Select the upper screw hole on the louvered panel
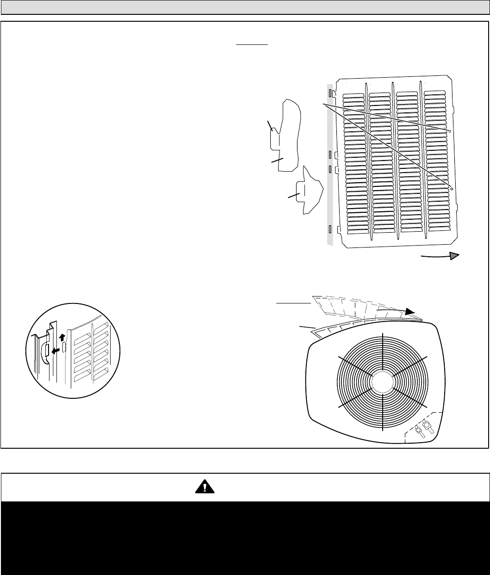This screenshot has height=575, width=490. pos(449,131)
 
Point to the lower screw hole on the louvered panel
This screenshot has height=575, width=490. pos(452,189)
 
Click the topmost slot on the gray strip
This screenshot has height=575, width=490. pos(330,93)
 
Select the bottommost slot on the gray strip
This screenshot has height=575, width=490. pos(330,229)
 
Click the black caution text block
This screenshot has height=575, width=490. pos(245,537)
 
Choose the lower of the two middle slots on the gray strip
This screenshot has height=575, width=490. pos(330,169)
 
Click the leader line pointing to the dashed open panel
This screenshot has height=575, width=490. pos(293,303)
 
